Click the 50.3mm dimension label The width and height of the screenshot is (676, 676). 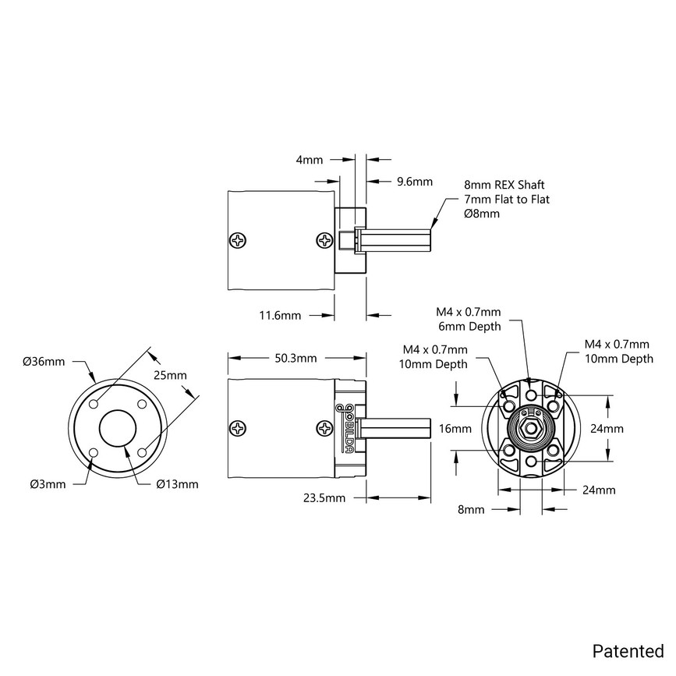click(296, 359)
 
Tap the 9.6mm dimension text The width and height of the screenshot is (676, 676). click(414, 182)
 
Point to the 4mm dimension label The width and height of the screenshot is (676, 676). click(310, 161)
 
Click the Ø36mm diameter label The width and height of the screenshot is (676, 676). click(44, 361)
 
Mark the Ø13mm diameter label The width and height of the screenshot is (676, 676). click(177, 484)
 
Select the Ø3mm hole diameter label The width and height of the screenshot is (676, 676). click(47, 484)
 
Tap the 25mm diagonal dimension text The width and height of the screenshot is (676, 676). click(170, 375)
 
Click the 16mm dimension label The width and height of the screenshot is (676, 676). click(455, 429)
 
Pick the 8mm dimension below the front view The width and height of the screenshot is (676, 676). click(472, 510)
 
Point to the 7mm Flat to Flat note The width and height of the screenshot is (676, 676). click(507, 200)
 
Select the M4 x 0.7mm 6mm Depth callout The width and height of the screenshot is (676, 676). click(468, 320)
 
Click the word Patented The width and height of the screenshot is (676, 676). click(628, 650)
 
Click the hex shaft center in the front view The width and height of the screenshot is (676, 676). click(530, 428)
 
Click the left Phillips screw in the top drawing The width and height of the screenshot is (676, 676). click(239, 240)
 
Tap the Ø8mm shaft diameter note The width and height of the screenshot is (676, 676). click(482, 214)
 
